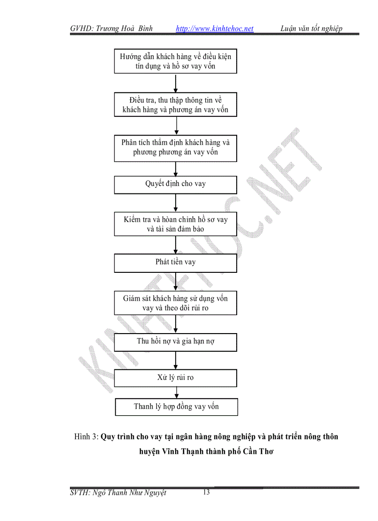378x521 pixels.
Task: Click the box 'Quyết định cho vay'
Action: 176,184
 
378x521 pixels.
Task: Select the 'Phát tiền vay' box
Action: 176,263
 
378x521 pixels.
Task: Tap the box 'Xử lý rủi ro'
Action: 176,378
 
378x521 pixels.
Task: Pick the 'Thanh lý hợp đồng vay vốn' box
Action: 176,407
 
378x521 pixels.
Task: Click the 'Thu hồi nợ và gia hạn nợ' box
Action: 176,342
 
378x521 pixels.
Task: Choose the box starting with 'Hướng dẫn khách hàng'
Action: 176,62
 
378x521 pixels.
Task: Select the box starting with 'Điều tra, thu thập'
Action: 176,105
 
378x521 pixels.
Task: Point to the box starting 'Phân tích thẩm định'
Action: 176,148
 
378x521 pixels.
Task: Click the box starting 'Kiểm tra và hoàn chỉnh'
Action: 176,225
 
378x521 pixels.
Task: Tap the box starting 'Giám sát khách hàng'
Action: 176,303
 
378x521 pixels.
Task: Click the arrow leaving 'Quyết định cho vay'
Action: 176,203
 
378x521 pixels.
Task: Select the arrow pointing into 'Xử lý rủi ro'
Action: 176,360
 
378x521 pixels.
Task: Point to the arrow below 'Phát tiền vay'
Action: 176,282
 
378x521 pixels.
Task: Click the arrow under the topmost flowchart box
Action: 176,83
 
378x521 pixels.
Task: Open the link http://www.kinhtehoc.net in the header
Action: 215,29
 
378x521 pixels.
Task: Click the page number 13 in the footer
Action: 206,492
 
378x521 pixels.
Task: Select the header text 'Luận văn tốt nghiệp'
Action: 311,29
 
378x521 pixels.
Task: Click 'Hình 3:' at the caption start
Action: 86,437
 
